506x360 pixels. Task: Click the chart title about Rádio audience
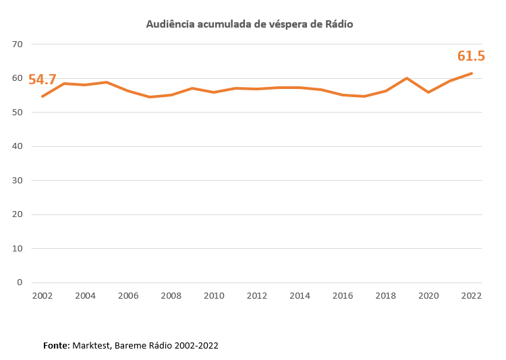(x=250, y=24)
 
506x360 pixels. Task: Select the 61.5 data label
(x=471, y=56)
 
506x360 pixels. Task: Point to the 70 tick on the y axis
(x=18, y=44)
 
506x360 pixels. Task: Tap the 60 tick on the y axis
(x=18, y=78)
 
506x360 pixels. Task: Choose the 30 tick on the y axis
(x=18, y=181)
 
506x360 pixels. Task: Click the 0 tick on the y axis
(x=20, y=282)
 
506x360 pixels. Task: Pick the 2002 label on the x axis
(x=42, y=296)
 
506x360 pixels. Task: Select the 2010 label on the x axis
(x=214, y=296)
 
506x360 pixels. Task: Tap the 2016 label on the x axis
(x=343, y=296)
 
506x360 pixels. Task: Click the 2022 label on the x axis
(x=471, y=296)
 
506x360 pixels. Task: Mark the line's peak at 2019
(x=407, y=78)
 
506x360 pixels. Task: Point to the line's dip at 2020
(x=428, y=92)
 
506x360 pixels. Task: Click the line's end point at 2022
(x=471, y=73)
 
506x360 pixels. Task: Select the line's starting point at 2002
(x=43, y=96)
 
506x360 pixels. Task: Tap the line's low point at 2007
(x=150, y=97)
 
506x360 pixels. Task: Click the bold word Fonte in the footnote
(x=57, y=345)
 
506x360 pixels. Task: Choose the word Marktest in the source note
(x=93, y=345)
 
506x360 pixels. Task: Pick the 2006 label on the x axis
(x=128, y=296)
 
